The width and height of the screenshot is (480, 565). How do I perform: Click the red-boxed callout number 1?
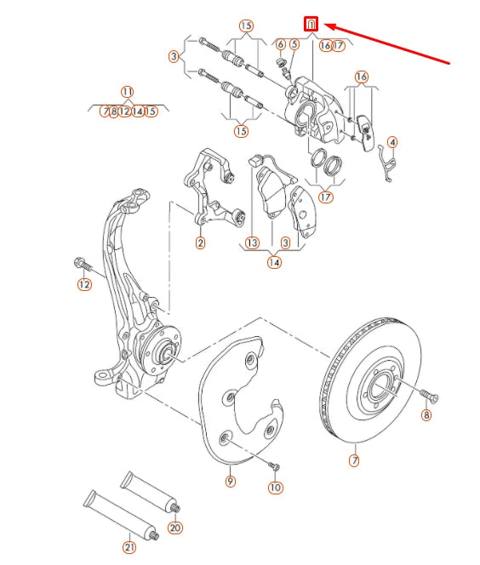[312, 24]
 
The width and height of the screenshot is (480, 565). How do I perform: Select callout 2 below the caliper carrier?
[200, 243]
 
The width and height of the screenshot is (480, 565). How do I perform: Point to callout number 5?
[294, 44]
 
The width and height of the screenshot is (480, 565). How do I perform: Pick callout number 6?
[280, 44]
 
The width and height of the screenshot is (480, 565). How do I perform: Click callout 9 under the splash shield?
[230, 482]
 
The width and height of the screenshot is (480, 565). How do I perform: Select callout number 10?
[275, 487]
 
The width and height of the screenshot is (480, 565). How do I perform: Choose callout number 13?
[252, 243]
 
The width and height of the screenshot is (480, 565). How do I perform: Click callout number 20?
[175, 528]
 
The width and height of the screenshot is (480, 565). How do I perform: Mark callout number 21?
[129, 547]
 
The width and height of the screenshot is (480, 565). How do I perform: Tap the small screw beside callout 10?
[272, 465]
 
